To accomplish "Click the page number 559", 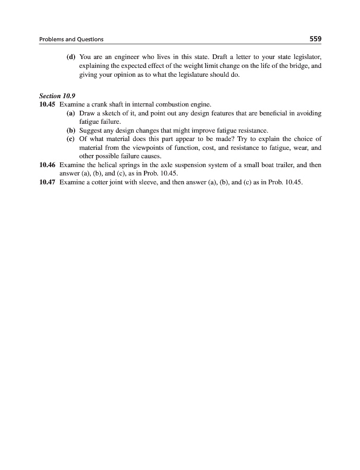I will [x=315, y=39].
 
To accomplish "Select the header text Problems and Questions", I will [x=71, y=39].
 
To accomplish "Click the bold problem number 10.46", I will [x=47, y=164].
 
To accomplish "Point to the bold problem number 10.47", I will [x=47, y=182].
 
